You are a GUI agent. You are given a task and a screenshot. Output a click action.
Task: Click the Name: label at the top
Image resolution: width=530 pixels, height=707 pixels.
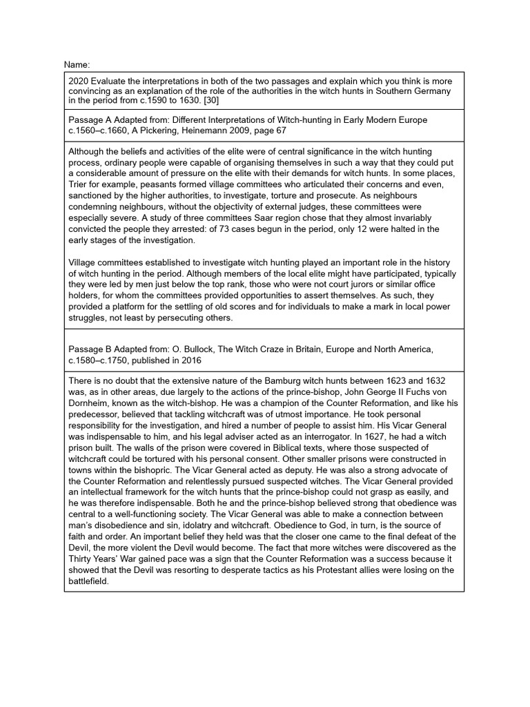click(77, 64)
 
